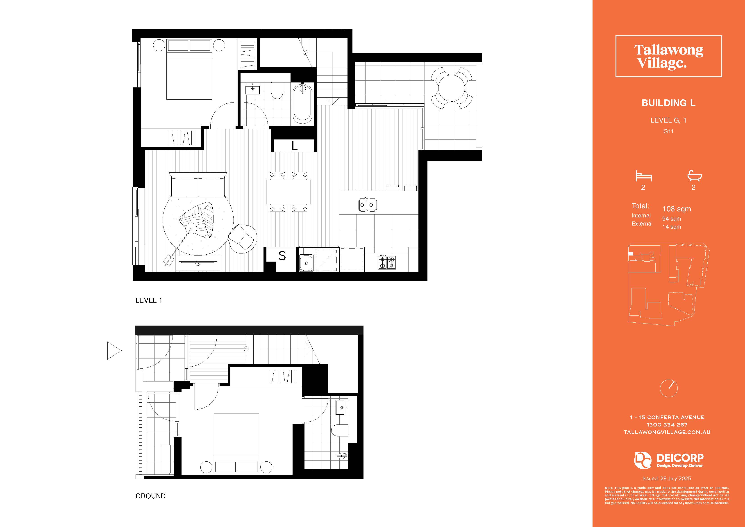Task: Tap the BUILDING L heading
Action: pos(668,103)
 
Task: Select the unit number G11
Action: pos(668,132)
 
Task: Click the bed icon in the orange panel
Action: pos(644,176)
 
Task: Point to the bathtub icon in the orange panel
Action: pos(694,176)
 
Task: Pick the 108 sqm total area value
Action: pos(677,209)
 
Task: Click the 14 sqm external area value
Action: pos(672,227)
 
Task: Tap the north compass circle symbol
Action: pos(669,388)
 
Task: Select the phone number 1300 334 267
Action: pos(667,424)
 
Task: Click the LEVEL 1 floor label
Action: pos(149,300)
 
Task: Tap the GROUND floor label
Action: pos(151,496)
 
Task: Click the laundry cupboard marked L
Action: pos(294,146)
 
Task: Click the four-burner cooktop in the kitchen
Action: pos(387,262)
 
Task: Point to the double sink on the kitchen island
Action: pos(367,205)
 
